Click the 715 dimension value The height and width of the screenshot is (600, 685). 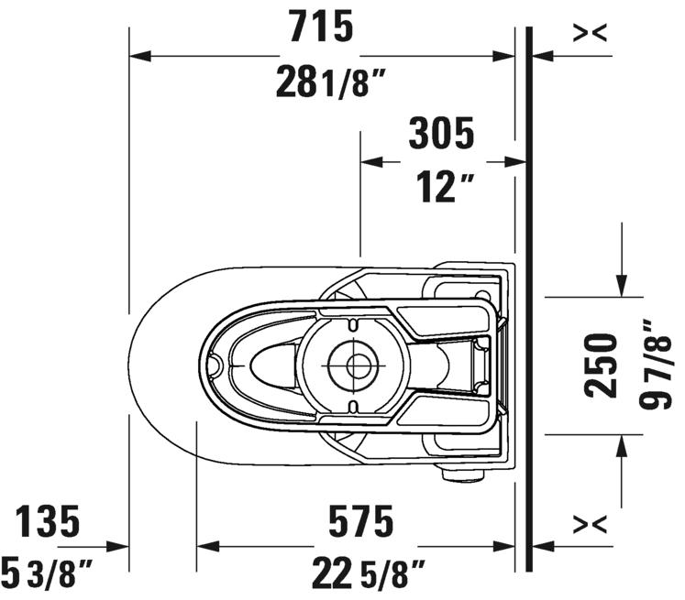322,27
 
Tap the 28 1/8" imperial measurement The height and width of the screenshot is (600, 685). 331,82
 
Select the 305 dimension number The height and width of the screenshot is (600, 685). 441,133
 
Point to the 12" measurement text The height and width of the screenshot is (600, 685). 445,187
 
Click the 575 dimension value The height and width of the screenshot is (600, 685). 361,521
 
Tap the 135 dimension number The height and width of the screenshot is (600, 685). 48,521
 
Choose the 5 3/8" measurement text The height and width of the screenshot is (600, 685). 47,573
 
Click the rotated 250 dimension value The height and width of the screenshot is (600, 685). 601,365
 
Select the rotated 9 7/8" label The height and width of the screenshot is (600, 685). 654,365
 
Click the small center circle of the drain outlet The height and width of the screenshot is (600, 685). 359,365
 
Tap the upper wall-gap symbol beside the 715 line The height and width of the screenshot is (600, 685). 590,33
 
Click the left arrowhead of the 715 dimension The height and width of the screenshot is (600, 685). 139,56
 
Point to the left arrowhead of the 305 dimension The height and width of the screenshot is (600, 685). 371,162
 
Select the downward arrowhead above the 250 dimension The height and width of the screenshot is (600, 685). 622,286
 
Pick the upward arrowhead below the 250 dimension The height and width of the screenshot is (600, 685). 622,445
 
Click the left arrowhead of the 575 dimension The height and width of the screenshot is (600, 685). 207,546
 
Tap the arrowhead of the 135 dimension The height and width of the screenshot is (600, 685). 118,546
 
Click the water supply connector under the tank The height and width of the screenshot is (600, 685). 462,475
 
